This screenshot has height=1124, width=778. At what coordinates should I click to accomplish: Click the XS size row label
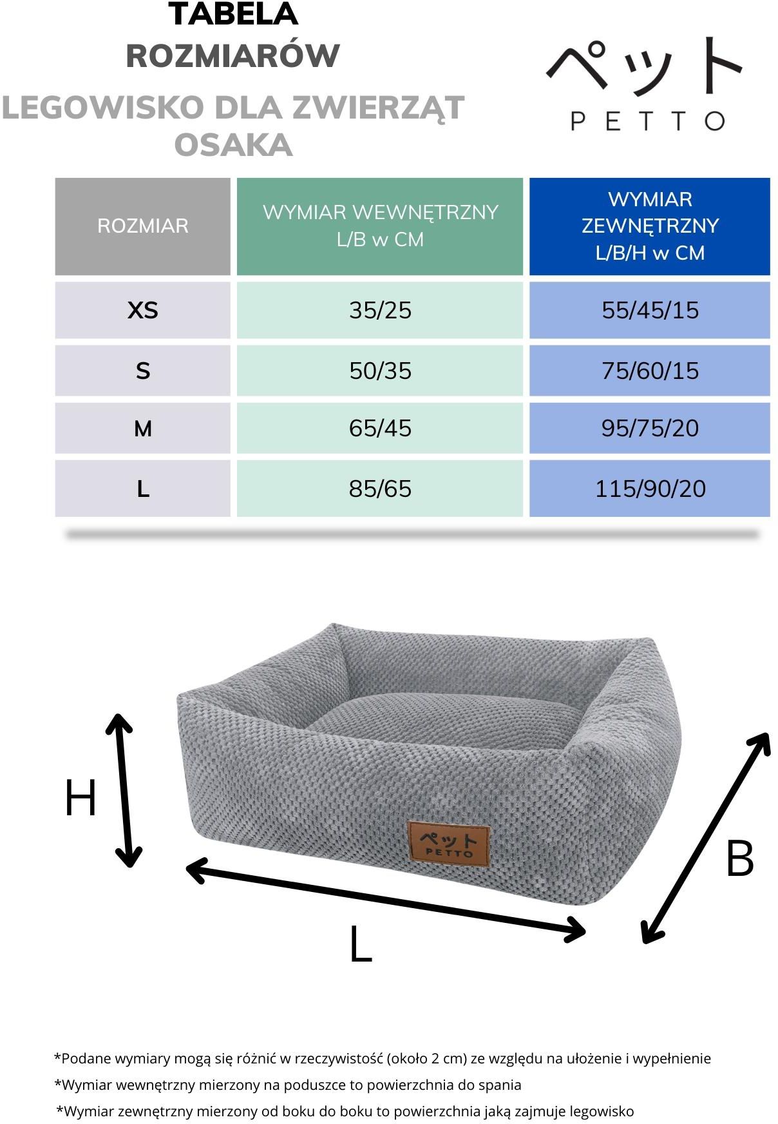click(142, 310)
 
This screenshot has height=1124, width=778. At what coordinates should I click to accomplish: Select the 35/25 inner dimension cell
click(380, 310)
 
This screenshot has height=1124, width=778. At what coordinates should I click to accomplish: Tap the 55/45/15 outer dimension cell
click(650, 310)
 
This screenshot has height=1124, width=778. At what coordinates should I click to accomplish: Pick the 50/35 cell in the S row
click(380, 371)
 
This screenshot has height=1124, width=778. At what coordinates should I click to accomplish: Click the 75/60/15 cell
click(650, 371)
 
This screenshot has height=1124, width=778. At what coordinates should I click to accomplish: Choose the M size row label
click(142, 428)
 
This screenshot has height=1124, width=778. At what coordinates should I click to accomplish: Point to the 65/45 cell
click(380, 428)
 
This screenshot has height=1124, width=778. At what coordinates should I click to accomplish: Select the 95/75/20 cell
click(650, 428)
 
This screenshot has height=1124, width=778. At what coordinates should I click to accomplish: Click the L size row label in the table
click(142, 489)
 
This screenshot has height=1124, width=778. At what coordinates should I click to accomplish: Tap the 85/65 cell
click(380, 489)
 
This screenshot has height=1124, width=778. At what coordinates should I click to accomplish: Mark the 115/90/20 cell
click(650, 489)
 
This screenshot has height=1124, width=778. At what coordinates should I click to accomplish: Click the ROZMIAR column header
click(142, 226)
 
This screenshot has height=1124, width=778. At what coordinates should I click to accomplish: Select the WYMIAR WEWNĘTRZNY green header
click(380, 226)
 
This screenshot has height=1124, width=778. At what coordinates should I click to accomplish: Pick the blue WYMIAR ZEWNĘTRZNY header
click(650, 226)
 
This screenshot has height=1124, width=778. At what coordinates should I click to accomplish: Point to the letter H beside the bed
click(81, 798)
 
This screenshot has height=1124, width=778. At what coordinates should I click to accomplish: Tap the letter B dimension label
click(739, 858)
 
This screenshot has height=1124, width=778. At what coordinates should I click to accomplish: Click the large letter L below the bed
click(361, 944)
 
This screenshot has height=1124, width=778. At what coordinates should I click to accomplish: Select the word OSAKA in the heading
click(233, 145)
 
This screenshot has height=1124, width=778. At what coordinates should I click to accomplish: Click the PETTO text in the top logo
click(648, 121)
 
